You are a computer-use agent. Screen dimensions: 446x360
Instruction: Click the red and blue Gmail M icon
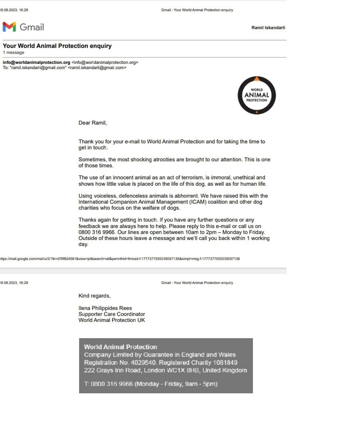pyautogui.click(x=9, y=27)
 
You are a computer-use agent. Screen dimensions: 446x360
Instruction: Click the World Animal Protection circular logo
pyautogui.click(x=257, y=95)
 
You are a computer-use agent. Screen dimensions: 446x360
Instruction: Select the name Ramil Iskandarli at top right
pyautogui.click(x=268, y=28)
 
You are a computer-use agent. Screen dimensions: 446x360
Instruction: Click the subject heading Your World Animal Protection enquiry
pyautogui.click(x=57, y=46)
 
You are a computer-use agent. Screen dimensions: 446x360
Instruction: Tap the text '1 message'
pyautogui.click(x=14, y=52)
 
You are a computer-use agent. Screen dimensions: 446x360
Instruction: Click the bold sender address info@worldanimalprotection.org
pyautogui.click(x=36, y=62)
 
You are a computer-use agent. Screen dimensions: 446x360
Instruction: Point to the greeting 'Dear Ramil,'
pyautogui.click(x=93, y=123)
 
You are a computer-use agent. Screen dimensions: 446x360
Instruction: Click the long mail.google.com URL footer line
pyautogui.click(x=120, y=259)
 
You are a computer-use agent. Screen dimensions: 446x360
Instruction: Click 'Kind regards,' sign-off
pyautogui.click(x=94, y=296)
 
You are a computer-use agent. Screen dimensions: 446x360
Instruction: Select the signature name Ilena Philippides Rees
pyautogui.click(x=105, y=308)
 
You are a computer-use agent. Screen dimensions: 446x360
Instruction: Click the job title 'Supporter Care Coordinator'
pyautogui.click(x=112, y=314)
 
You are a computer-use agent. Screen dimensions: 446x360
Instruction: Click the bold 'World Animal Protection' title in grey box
pyautogui.click(x=121, y=347)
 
